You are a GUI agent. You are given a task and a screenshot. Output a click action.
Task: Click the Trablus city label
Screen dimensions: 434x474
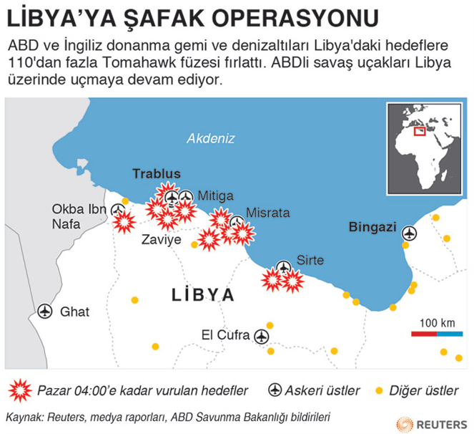point(156,175)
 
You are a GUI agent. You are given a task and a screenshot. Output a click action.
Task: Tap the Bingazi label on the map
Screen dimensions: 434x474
point(372,227)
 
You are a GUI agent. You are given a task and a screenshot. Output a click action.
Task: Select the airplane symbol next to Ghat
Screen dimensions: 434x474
point(45,312)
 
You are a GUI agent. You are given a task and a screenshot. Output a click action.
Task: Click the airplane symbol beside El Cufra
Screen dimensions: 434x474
point(261,335)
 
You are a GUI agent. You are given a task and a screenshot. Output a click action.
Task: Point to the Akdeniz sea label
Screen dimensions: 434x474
point(210,139)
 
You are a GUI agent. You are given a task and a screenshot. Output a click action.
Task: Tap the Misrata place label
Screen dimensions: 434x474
point(267,213)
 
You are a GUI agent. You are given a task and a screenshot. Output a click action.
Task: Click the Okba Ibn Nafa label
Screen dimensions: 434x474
point(79,216)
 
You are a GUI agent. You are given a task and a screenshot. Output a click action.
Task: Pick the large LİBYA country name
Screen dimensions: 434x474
point(202,296)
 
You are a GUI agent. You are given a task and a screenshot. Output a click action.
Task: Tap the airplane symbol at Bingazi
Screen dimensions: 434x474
point(409,233)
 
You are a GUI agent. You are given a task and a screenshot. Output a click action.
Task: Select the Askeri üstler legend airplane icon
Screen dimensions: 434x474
point(275,390)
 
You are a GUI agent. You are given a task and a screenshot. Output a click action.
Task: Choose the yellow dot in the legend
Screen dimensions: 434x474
point(377,390)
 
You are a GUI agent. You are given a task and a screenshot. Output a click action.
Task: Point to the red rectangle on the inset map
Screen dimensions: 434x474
point(423,131)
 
